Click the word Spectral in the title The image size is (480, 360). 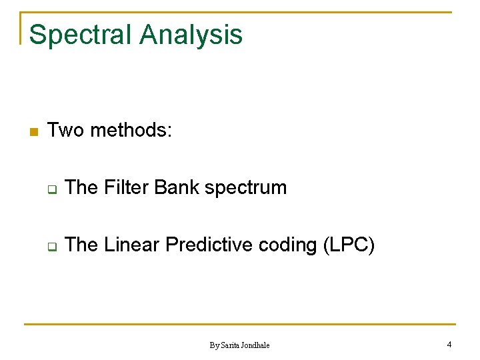click(x=80, y=35)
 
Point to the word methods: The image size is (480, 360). click(x=131, y=130)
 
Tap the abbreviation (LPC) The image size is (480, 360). click(x=349, y=245)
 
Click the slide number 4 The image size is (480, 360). click(x=449, y=345)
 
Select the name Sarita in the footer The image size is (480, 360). click(x=231, y=345)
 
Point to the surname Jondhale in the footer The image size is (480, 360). click(x=257, y=345)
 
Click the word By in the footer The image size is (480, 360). click(x=214, y=345)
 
